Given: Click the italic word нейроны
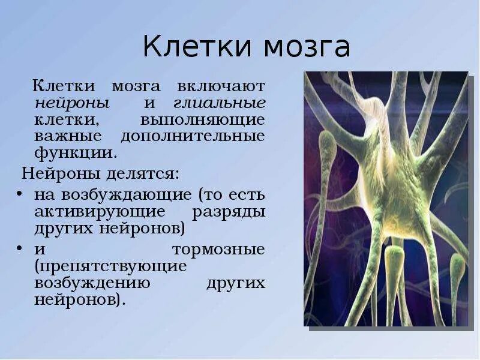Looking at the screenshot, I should pos(72,103).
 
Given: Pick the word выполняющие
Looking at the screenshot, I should pos(202,119).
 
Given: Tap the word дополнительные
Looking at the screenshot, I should pos(193,136).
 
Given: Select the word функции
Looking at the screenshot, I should pos(76,152).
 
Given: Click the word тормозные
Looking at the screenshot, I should pos(218,250).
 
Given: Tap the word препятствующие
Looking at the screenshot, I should pos(110,266).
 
